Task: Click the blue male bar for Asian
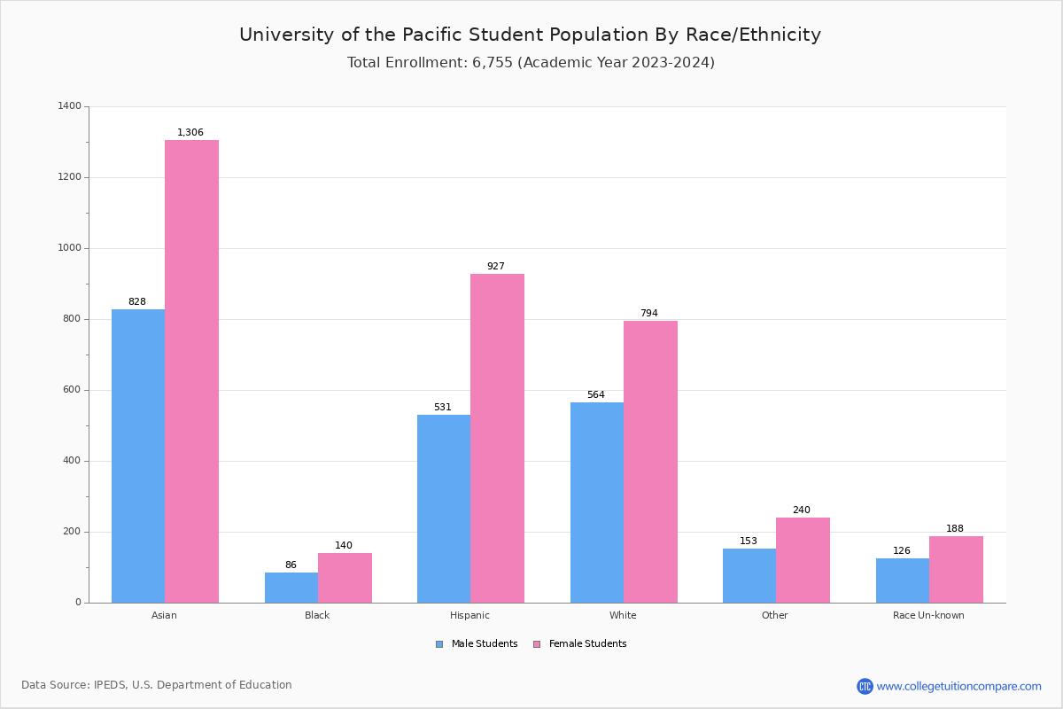pos(138,456)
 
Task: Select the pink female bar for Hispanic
pos(497,438)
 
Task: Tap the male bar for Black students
pos(291,588)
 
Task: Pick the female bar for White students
pos(650,462)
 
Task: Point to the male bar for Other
pos(749,575)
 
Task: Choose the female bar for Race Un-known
pos(956,569)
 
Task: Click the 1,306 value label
pos(190,133)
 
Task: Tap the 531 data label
pos(443,408)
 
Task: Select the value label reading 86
pos(291,565)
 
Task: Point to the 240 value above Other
pos(802,510)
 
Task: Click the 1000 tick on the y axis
pos(70,248)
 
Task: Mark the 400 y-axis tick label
pos(71,461)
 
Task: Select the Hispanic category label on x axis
pos(469,615)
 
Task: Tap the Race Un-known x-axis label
pos(928,615)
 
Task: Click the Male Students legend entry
pos(484,644)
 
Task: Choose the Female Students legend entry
pos(586,644)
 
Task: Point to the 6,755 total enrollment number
pos(493,63)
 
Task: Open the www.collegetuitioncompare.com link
pos(958,686)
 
